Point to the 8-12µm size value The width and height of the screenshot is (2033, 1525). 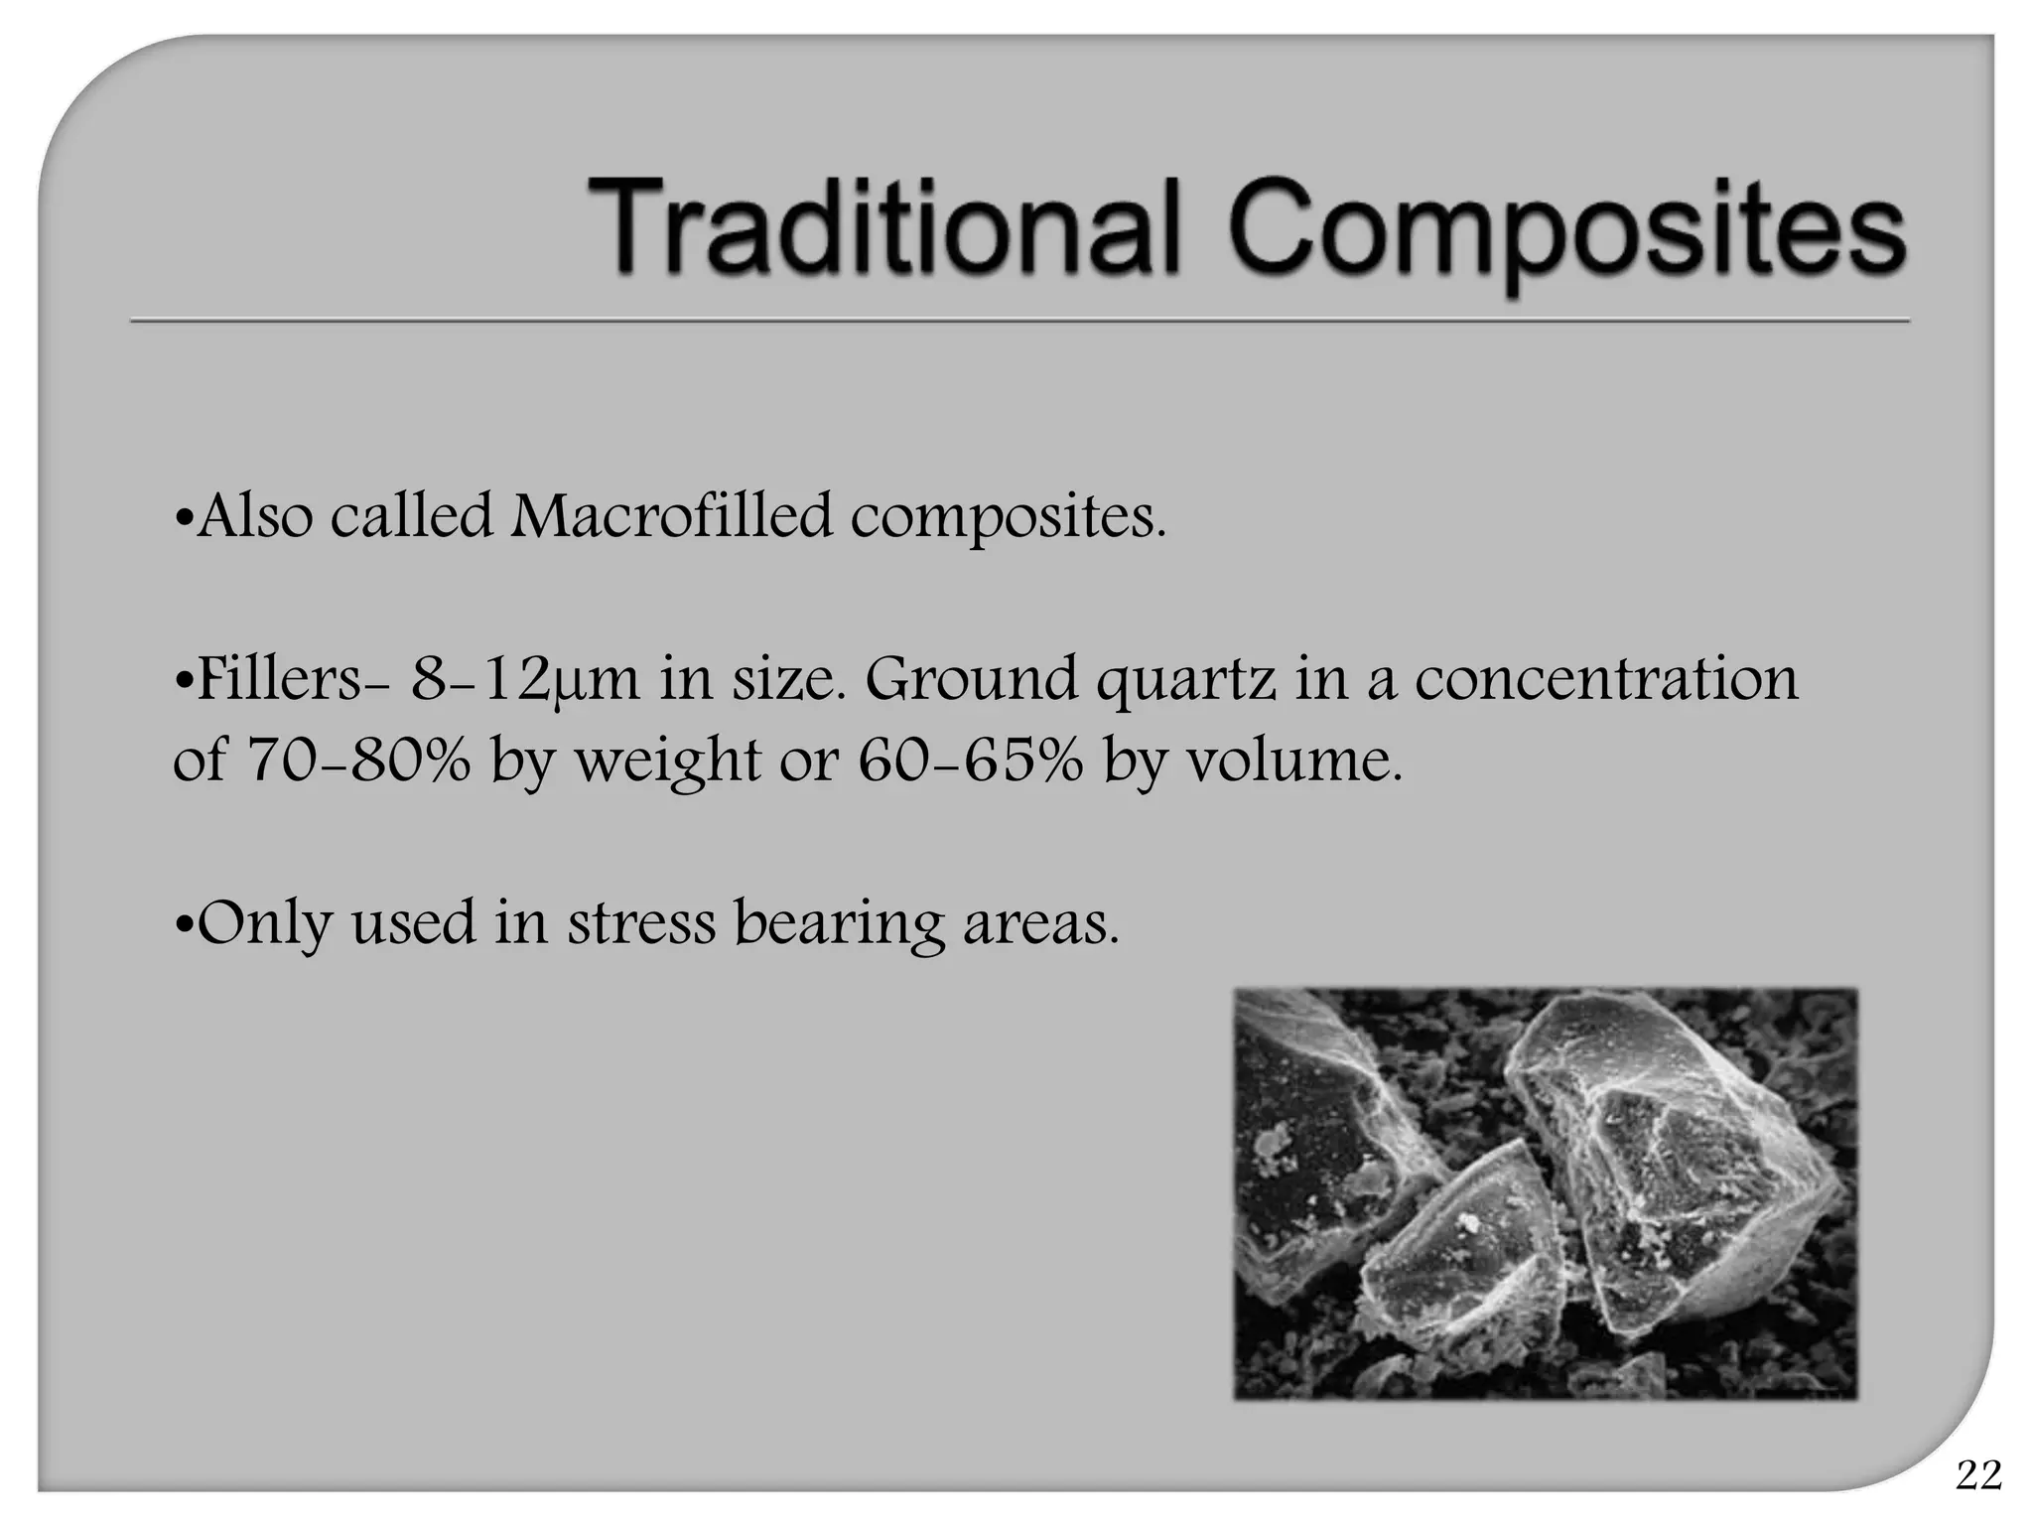tap(526, 681)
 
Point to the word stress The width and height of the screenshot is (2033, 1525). tap(641, 922)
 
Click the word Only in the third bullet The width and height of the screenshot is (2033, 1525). tap(263, 924)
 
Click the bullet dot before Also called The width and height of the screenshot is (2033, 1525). tap(182, 519)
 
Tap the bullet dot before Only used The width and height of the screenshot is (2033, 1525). tap(182, 926)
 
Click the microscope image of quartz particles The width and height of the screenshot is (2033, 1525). tap(1545, 1193)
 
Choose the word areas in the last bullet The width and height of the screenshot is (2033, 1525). tap(1040, 924)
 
